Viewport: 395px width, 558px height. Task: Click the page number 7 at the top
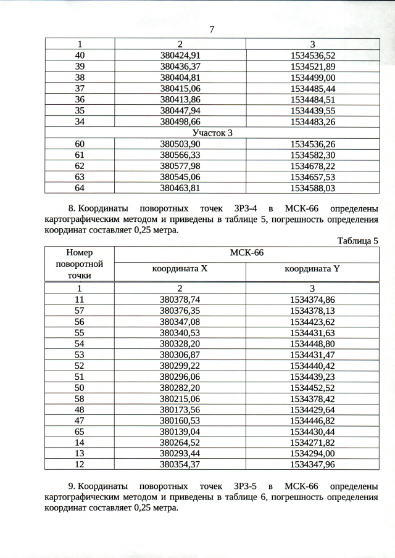pyautogui.click(x=211, y=30)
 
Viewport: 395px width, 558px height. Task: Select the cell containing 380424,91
pyautogui.click(x=180, y=55)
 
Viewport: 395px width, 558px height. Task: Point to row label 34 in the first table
pyautogui.click(x=80, y=121)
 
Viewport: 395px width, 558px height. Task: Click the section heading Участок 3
pyautogui.click(x=212, y=133)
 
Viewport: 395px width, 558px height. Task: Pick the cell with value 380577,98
pyautogui.click(x=180, y=166)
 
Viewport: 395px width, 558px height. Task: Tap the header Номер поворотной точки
pyautogui.click(x=80, y=264)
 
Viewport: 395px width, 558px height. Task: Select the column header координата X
pyautogui.click(x=180, y=269)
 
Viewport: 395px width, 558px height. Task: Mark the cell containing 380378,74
pyautogui.click(x=180, y=299)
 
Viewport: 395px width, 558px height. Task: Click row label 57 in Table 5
pyautogui.click(x=80, y=310)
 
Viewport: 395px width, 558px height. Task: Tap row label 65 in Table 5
pyautogui.click(x=80, y=432)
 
